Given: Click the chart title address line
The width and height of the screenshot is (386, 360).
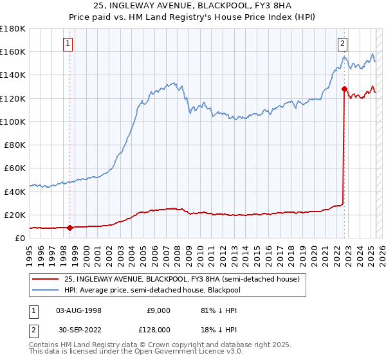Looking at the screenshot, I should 193,8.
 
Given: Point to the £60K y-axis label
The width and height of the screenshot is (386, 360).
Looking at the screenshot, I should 14,168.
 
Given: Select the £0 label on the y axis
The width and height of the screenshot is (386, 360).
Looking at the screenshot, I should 20,238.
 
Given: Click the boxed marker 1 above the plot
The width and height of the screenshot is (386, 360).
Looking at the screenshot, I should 68,44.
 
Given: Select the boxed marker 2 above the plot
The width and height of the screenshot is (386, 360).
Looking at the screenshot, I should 343,44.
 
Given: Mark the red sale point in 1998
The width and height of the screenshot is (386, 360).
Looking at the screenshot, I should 69,227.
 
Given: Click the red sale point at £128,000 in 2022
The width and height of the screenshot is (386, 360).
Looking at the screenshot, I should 344,89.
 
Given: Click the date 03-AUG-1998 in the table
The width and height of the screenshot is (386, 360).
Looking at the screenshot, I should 78,310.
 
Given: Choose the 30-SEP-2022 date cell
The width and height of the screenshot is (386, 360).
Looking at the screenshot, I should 78,329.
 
